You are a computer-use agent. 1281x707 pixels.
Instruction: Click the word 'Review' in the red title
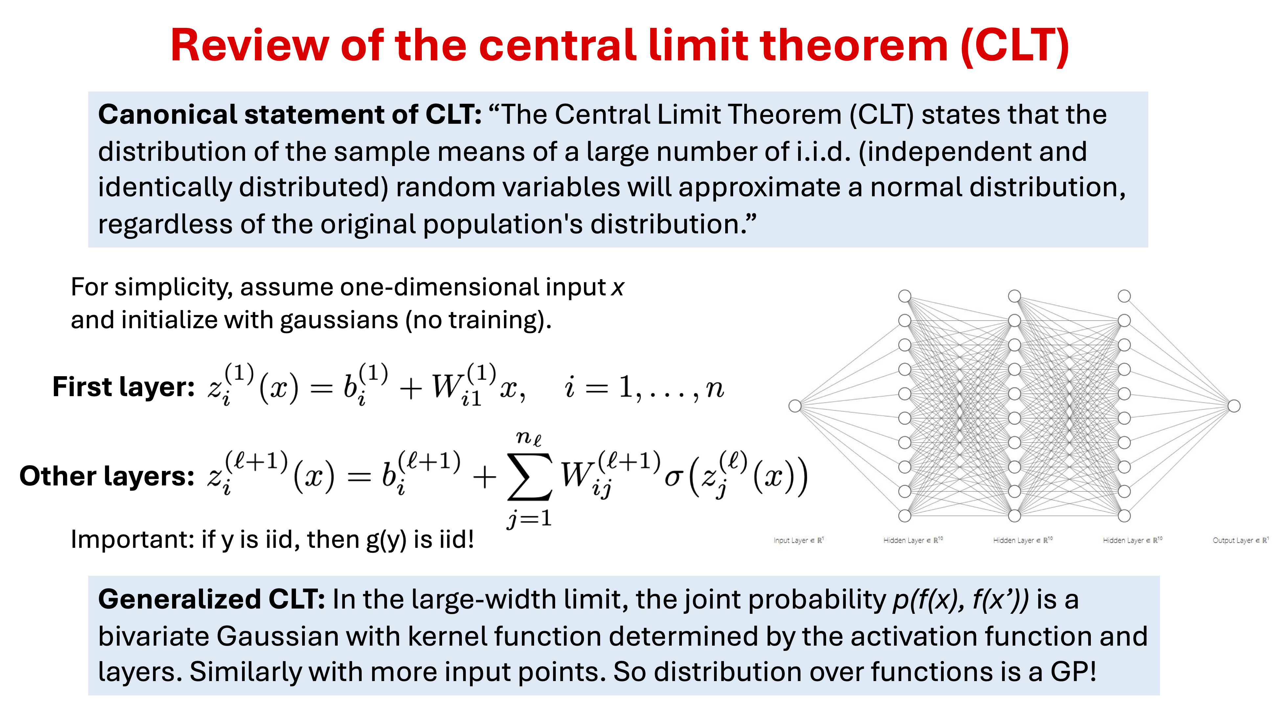250,45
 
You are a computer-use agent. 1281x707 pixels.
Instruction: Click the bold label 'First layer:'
123,387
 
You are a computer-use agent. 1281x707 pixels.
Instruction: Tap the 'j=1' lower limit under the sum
529,519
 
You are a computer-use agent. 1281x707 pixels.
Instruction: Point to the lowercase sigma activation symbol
672,478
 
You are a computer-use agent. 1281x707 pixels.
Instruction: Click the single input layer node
795,406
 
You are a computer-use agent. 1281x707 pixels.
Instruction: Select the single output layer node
1234,406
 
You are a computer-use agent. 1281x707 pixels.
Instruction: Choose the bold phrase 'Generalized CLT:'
211,599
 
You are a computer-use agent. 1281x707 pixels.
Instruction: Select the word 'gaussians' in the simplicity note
339,320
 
